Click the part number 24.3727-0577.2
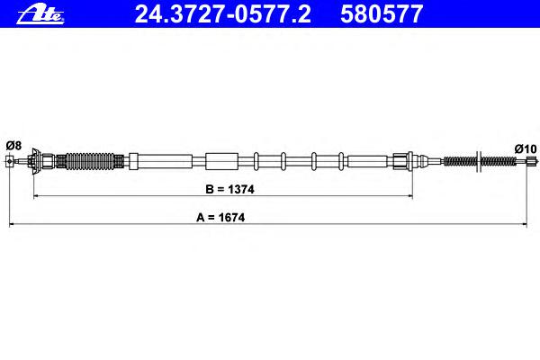click(x=222, y=14)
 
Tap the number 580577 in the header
click(x=382, y=14)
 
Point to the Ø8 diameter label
click(x=13, y=146)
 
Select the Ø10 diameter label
click(x=526, y=148)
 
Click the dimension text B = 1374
click(x=229, y=189)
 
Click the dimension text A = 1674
click(x=220, y=218)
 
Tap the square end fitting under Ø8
click(x=9, y=161)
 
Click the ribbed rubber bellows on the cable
click(x=89, y=161)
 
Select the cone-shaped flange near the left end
click(x=34, y=161)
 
